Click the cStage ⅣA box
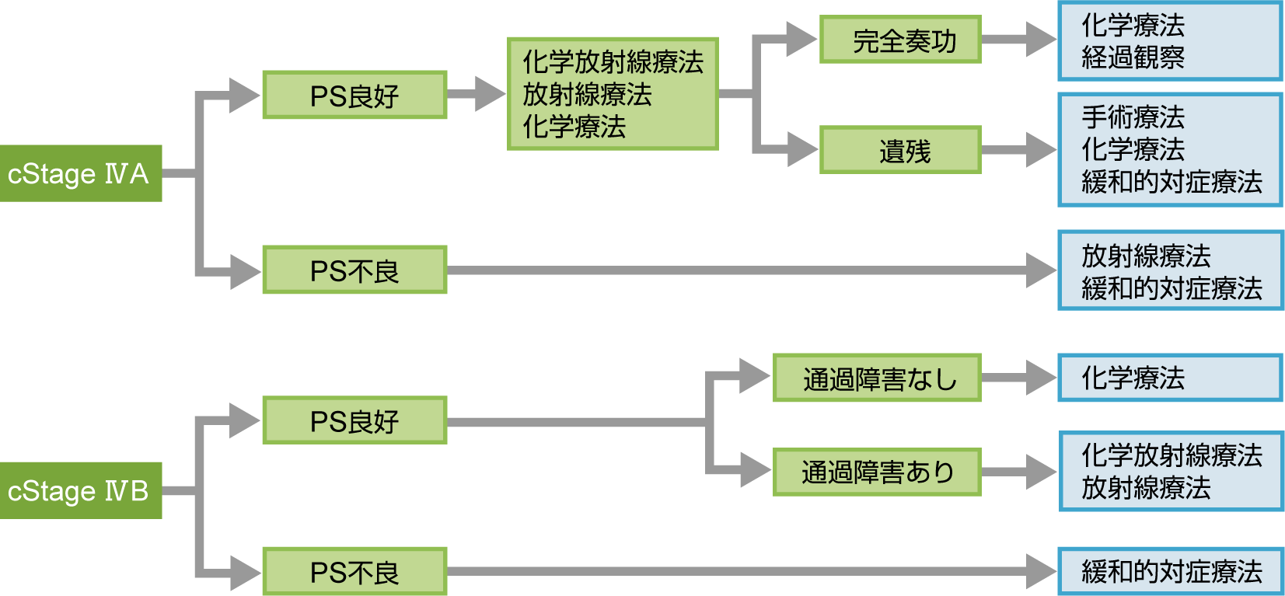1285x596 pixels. pyautogui.click(x=80, y=173)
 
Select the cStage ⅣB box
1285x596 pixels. pyautogui.click(x=80, y=490)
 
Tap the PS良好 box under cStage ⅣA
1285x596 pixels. pyautogui.click(x=354, y=95)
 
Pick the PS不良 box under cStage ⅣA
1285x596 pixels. pyautogui.click(x=354, y=270)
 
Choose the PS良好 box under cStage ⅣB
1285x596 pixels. pyautogui.click(x=354, y=420)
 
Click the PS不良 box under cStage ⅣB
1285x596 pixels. pyautogui.click(x=354, y=571)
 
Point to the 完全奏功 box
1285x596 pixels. pyautogui.click(x=900, y=40)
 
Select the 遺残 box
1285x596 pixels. pyautogui.click(x=900, y=150)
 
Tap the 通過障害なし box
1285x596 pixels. pyautogui.click(x=877, y=378)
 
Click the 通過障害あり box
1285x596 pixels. pyautogui.click(x=877, y=472)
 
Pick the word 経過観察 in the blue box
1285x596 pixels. pyautogui.click(x=1133, y=58)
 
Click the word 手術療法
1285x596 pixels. pyautogui.click(x=1133, y=117)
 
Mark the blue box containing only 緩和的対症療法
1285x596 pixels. pyautogui.click(x=1171, y=571)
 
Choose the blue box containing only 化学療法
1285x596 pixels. pyautogui.click(x=1171, y=378)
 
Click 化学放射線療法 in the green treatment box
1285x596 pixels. pyautogui.click(x=613, y=62)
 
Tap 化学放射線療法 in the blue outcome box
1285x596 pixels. pyautogui.click(x=1172, y=455)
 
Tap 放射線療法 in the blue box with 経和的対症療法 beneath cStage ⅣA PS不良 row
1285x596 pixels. pyautogui.click(x=1146, y=256)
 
